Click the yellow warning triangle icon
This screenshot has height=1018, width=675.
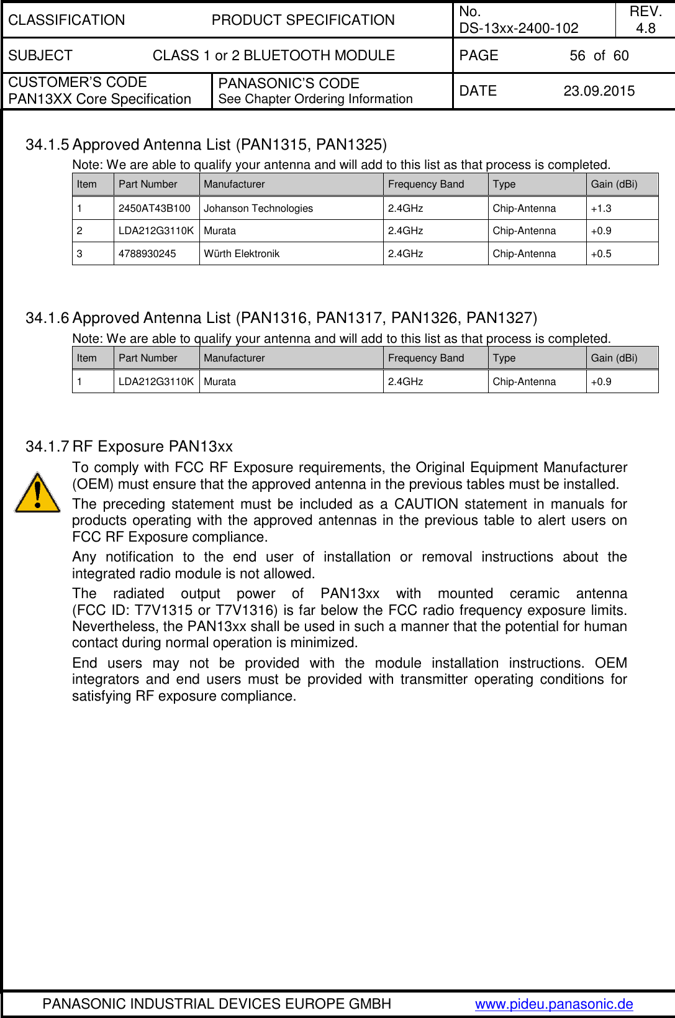tap(37, 494)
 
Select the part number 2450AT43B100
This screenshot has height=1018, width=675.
tap(154, 209)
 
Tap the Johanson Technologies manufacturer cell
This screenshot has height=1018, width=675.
tap(258, 209)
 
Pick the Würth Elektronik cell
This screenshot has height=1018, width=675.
tap(242, 254)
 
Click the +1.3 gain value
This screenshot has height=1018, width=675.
tap(600, 209)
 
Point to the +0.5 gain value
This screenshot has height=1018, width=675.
tap(600, 254)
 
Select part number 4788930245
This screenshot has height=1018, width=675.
tap(147, 254)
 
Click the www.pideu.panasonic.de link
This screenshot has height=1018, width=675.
tap(554, 1004)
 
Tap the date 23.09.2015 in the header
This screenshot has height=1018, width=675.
tap(599, 91)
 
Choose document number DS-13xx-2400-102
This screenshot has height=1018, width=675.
tap(519, 29)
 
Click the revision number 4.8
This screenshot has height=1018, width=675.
tap(645, 29)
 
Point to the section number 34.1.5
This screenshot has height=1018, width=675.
tap(47, 145)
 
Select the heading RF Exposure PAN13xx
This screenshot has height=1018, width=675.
tap(152, 447)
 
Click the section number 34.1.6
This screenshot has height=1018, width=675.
tap(47, 318)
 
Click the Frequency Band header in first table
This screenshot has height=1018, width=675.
tap(425, 184)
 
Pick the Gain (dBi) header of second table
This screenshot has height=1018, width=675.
tap(614, 358)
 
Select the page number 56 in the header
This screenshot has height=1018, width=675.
tap(577, 56)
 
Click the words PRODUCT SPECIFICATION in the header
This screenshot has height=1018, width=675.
tap(303, 20)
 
